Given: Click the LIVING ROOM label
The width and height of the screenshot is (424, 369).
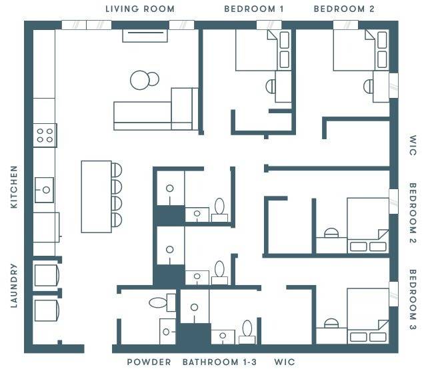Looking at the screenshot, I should coord(140,9).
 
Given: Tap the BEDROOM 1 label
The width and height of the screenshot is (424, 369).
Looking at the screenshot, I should coord(254,9).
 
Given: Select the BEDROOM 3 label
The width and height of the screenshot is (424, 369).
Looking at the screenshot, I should coord(412,300).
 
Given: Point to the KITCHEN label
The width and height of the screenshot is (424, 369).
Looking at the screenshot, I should coord(14,187).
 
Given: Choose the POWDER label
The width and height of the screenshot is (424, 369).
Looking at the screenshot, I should coord(149,362).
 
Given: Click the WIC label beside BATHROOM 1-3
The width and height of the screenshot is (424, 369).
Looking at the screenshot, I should coord(284,362).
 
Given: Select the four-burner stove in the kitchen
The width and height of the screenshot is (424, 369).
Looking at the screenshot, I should coord(45,136).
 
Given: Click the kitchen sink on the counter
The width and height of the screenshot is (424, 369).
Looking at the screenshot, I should coord(45,189).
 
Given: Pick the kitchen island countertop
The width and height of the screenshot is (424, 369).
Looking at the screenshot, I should coord(96,196).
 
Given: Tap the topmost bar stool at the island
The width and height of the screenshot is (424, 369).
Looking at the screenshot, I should coord(117,169).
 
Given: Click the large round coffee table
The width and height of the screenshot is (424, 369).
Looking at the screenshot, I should coord(141,80).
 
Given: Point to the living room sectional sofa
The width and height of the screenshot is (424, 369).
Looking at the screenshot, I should coord(155,111).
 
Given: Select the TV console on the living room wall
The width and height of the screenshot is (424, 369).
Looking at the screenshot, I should coord(144,35).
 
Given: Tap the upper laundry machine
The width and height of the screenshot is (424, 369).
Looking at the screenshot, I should coord(47,274).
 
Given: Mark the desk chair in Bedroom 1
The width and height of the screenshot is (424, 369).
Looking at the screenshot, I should coord(271,86).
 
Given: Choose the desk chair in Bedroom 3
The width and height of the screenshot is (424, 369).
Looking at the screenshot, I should coord(331,324).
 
